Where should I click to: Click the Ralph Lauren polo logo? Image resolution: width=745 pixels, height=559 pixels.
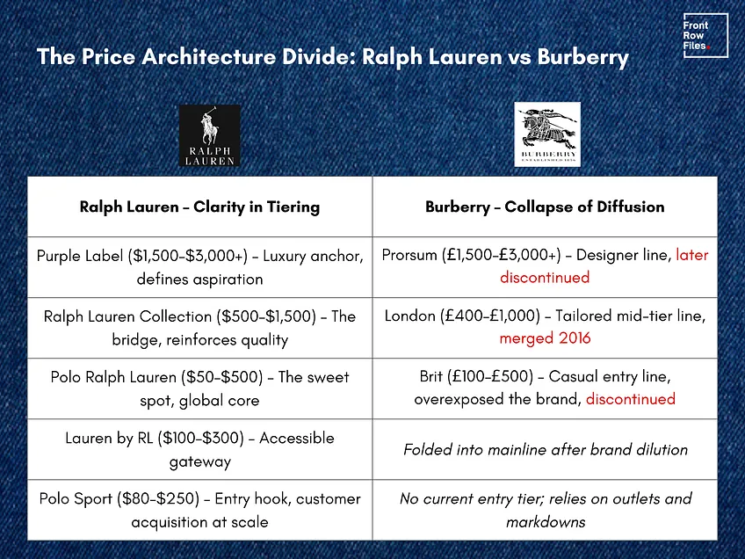(x=209, y=136)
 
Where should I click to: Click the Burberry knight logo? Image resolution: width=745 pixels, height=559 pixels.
(x=547, y=134)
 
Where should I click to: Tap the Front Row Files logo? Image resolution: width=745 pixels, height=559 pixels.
(x=705, y=36)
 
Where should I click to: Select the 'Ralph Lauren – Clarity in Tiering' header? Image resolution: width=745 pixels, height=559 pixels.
(x=199, y=207)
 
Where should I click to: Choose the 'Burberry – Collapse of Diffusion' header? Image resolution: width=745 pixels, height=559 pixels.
(x=545, y=207)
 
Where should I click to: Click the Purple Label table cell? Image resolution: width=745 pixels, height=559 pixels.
(x=199, y=267)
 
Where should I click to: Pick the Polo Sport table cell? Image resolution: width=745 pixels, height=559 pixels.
(x=199, y=510)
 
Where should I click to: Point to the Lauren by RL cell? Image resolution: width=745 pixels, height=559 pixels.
(x=199, y=449)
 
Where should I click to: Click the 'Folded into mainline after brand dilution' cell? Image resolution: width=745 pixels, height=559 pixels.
(x=545, y=449)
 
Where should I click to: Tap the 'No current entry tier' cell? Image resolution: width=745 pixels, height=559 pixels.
(x=545, y=510)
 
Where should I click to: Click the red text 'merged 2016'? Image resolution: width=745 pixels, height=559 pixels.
(x=545, y=338)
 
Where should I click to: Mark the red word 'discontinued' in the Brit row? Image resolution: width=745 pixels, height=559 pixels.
(x=631, y=399)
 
